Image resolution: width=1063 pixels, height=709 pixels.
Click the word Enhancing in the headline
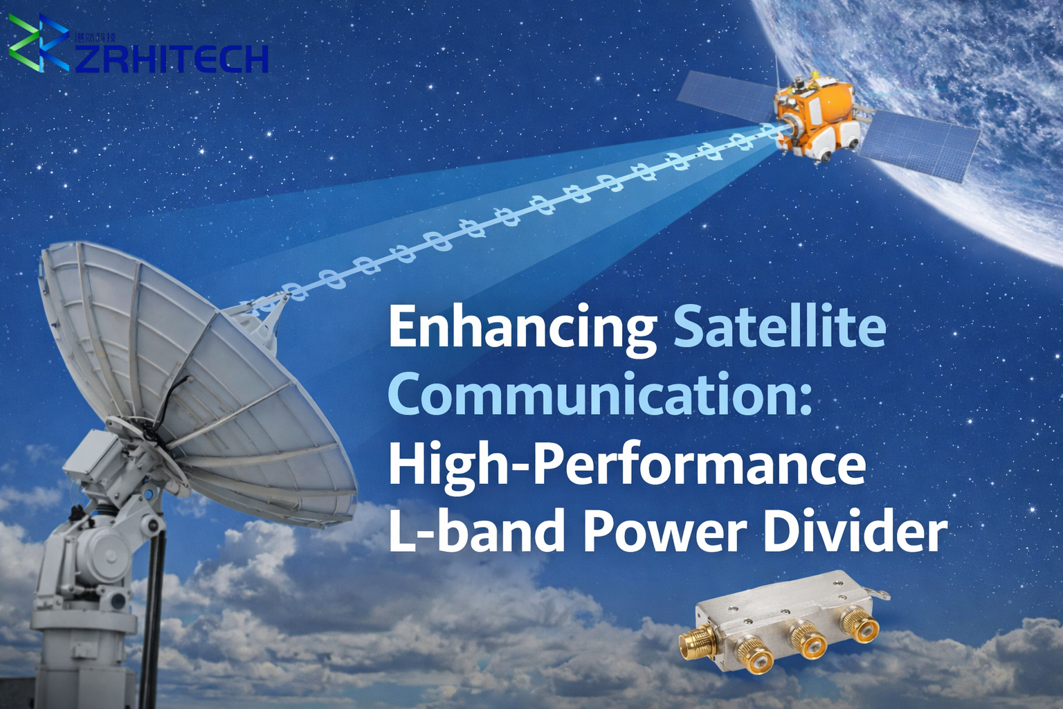tap(522, 327)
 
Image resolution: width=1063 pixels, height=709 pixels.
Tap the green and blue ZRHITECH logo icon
tap(38, 43)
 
